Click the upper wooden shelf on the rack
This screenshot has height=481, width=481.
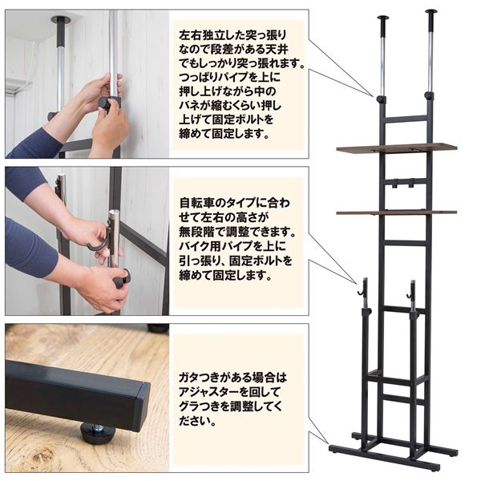tap(397, 148)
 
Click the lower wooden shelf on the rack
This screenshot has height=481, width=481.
tap(397, 212)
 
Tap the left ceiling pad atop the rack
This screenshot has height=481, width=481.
tap(383, 17)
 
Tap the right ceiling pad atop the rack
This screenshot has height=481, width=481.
tap(430, 12)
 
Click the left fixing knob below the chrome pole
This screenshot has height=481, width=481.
tap(380, 99)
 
